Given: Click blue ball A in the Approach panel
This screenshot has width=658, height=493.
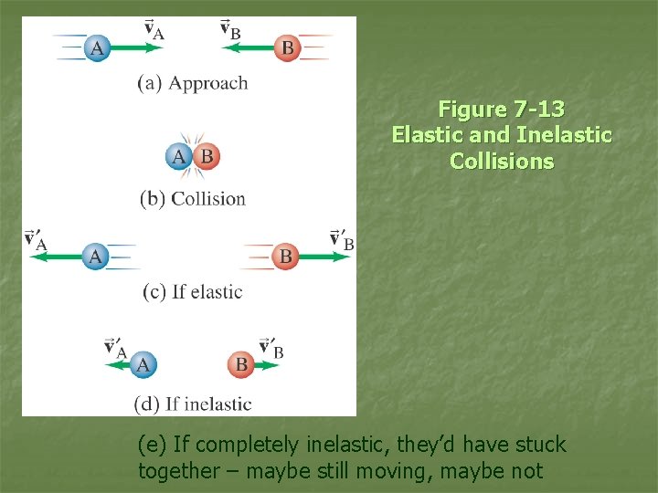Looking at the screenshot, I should pos(96,47).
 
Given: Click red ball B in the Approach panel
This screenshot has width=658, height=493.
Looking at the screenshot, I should pos(288,47).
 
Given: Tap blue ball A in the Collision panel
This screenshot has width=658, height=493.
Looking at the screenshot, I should pos(179,157).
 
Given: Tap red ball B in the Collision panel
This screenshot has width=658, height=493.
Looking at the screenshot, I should pos(207,157).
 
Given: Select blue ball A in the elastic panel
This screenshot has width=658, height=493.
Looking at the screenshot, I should pos(95,257).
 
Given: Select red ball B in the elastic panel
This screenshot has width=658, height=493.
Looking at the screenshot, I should pos(285,257).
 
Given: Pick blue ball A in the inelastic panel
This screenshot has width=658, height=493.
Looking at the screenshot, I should pos(142,365).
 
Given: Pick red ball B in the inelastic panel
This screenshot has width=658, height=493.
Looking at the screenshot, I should pos(241,365).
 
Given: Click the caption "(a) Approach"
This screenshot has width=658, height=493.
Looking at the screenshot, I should pos(193,83).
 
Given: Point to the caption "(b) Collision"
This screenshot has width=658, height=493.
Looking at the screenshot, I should pos(193,198).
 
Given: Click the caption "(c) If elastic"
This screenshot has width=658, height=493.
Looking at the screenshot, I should pos(193,292).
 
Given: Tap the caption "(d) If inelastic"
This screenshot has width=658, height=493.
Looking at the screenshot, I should pos(193,404).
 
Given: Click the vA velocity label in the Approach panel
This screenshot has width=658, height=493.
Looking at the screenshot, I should pos(154,28).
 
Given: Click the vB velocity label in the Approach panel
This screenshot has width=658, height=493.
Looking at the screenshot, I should pos(231,28).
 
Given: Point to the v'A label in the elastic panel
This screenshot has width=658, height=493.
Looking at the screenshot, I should pos(36,240).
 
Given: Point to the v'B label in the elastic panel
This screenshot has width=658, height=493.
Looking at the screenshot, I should pos(342,240).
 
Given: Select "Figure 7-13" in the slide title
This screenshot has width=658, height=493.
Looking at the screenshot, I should pos(502,110).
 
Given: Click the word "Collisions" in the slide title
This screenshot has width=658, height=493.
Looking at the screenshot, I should pos(502,162).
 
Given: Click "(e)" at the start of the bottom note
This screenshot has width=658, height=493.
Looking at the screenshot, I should pos(153,446).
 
